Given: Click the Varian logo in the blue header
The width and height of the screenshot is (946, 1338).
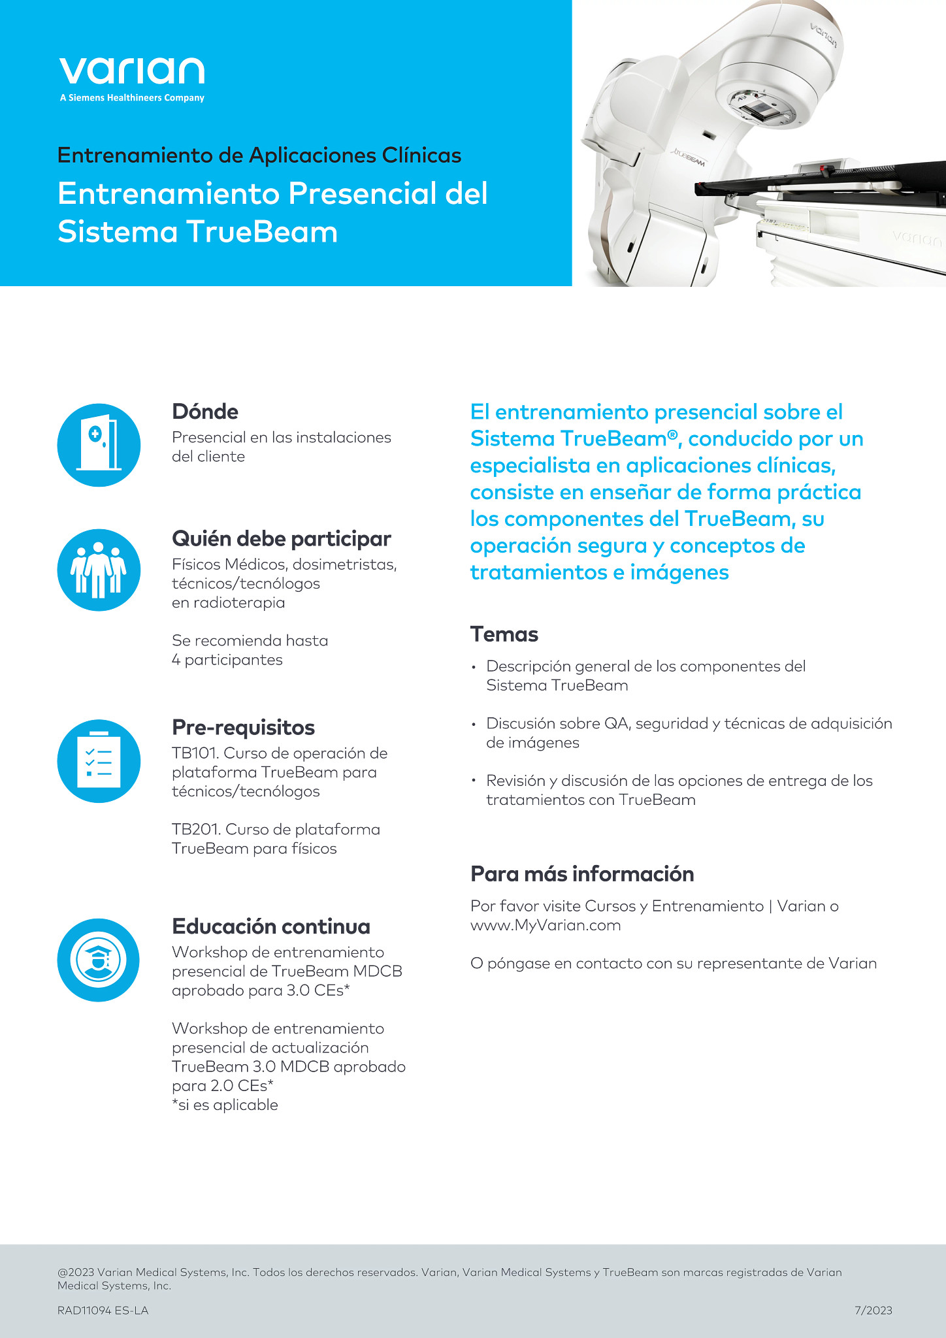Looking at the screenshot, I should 131,72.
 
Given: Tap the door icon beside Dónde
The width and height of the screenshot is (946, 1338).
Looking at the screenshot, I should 99,445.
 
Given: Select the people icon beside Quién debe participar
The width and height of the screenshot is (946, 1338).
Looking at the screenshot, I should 99,570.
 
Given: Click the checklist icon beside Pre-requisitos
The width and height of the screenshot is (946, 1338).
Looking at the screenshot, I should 99,761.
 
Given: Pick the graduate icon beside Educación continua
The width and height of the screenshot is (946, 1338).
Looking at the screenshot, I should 99,960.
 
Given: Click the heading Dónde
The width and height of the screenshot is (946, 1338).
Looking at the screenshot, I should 205,412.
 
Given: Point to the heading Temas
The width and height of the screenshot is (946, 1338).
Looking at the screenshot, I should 504,634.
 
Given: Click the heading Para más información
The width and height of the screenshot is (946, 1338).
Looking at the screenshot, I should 582,874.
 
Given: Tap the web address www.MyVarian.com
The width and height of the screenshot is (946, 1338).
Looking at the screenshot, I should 546,925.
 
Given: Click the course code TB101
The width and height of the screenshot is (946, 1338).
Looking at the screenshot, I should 194,753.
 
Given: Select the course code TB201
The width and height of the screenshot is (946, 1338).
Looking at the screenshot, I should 195,830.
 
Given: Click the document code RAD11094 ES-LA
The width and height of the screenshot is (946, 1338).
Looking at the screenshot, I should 103,1310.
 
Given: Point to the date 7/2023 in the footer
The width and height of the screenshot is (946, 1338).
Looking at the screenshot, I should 873,1310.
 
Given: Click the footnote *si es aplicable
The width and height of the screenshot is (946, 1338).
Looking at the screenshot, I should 225,1105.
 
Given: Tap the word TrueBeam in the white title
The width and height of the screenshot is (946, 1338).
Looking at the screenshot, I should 262,232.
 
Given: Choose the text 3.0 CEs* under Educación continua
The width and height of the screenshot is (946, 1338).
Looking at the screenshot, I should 318,990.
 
